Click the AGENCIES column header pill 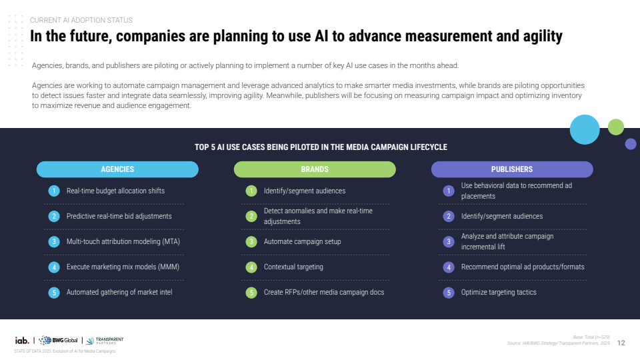pos(117,169)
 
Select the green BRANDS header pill pos(315,169)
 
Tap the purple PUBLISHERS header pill pos(512,169)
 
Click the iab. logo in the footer pos(22,340)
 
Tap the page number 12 pos(621,343)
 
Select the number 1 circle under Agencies pos(54,191)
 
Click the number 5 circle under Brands pos(251,292)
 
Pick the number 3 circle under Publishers pos(449,241)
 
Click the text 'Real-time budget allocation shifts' pos(115,191)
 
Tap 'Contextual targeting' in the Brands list pos(293,267)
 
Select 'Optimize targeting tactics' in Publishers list pos(499,292)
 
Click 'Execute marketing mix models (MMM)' pos(123,267)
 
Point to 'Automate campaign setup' pos(302,241)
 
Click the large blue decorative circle pos(585,129)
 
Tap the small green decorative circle pos(616,127)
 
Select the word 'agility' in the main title pos(537,37)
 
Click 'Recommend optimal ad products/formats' pos(523,267)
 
